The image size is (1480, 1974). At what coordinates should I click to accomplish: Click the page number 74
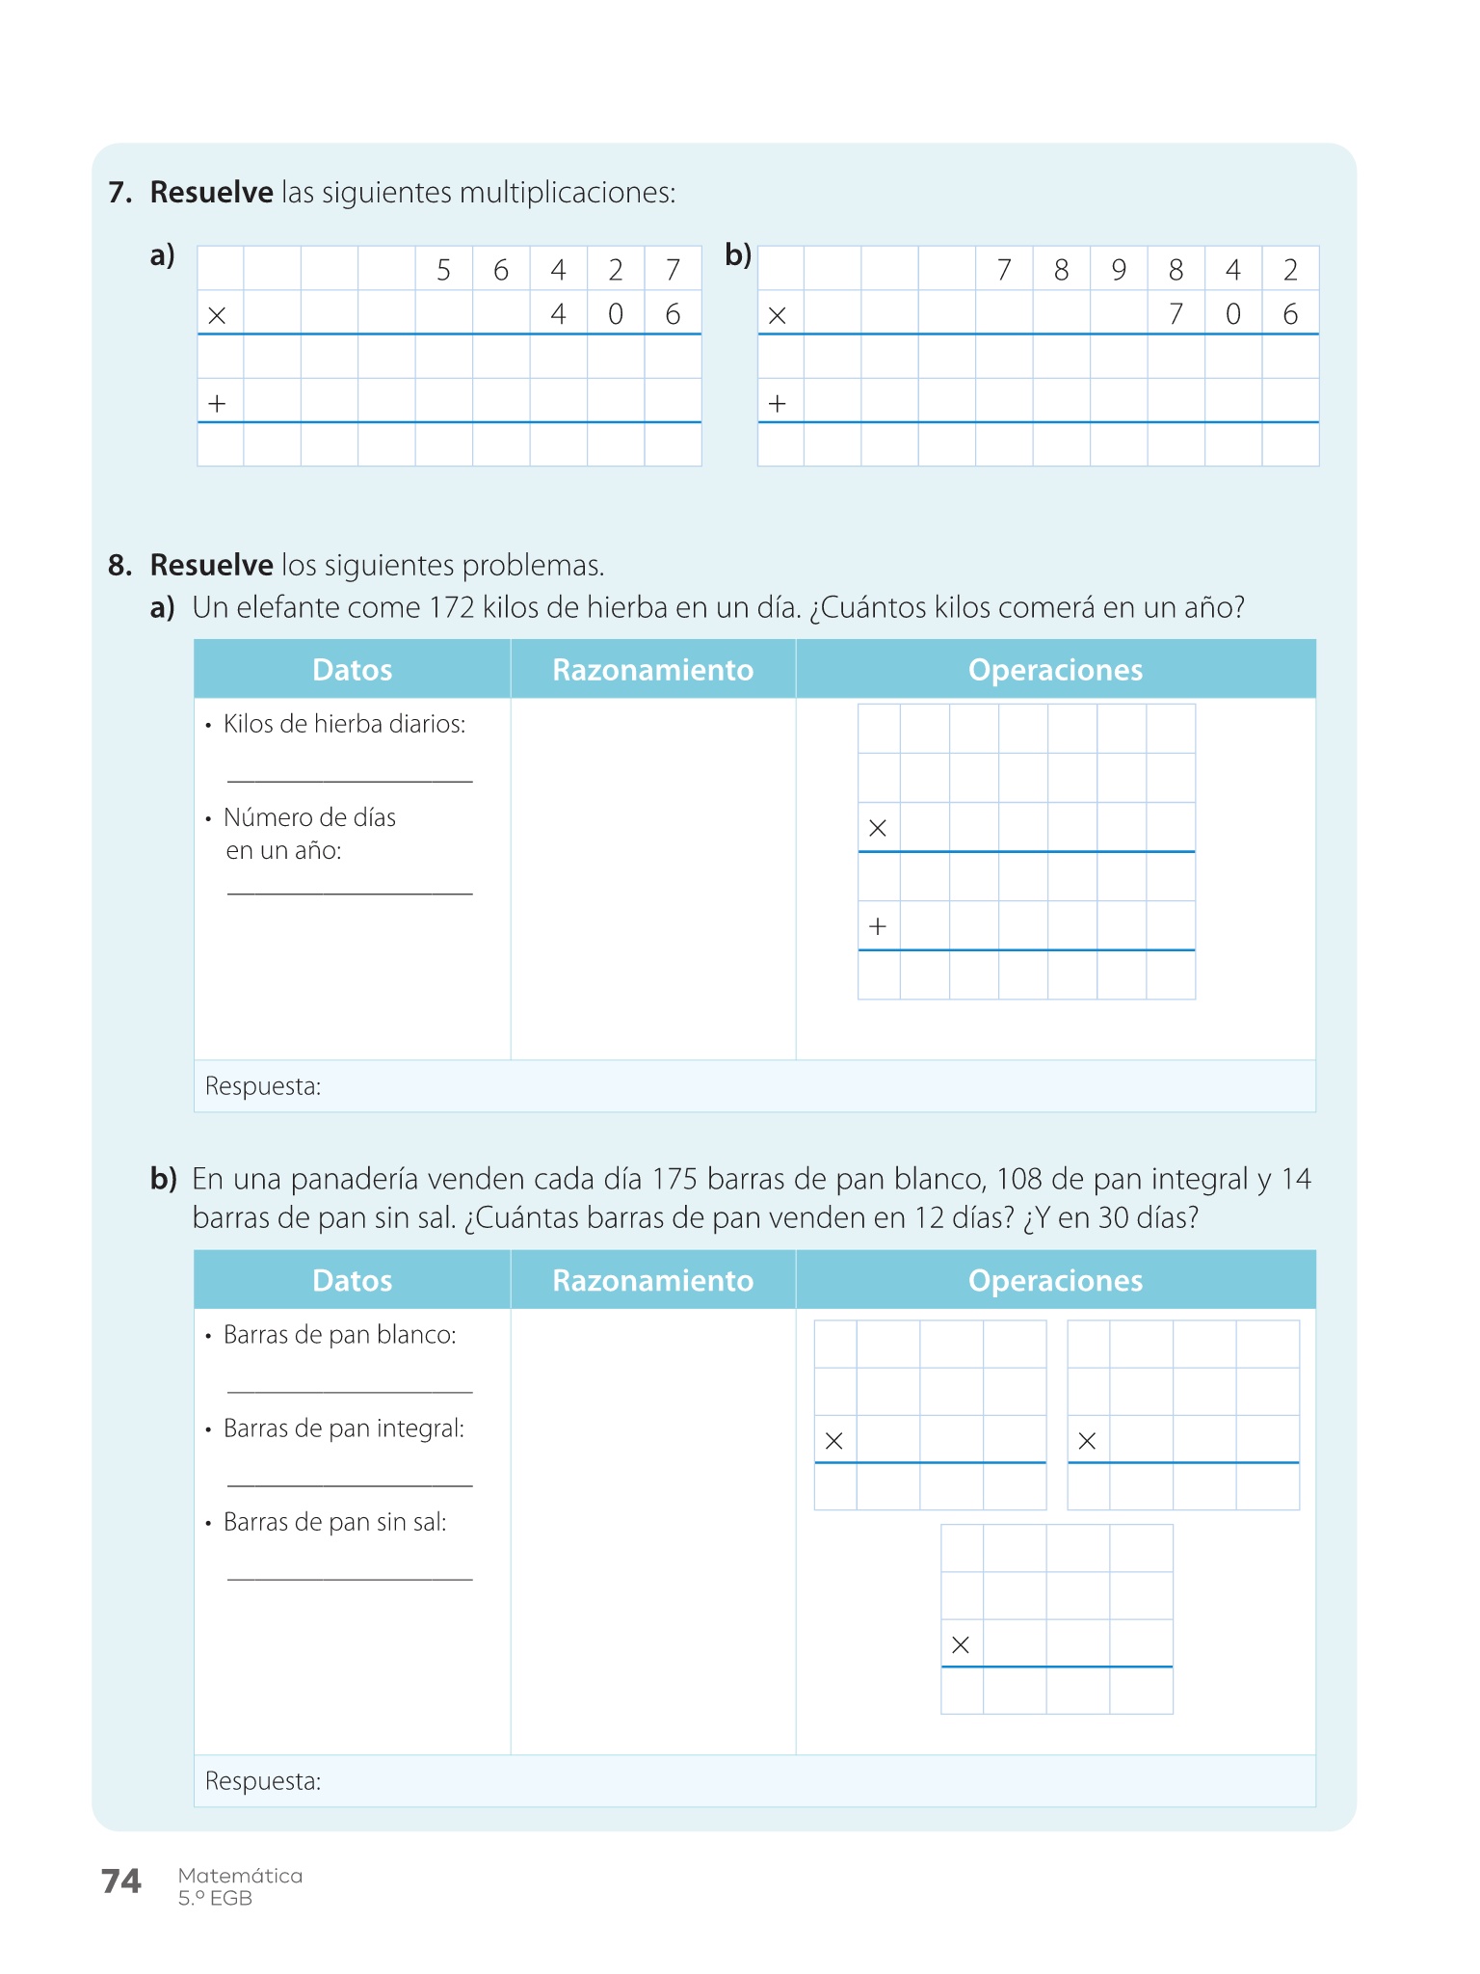pos(120,1881)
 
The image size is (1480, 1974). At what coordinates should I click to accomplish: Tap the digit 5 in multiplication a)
pos(443,270)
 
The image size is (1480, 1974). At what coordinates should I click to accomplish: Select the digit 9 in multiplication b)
pos(1118,270)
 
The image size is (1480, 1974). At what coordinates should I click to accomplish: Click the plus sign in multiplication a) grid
pos(217,404)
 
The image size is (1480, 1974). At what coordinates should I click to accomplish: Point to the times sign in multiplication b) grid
pos(778,315)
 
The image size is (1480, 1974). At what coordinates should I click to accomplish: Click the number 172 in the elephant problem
pos(452,608)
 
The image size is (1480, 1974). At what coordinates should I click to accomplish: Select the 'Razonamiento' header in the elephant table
pos(652,670)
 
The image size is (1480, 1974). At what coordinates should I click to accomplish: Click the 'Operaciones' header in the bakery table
pos(1055,1280)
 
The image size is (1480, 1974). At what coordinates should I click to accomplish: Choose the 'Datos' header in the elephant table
pos(352,670)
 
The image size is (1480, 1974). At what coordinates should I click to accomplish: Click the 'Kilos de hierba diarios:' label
pos(344,724)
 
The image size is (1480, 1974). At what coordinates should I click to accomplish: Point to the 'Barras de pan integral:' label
pos(343,1428)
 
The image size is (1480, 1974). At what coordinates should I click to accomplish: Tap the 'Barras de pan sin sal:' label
pos(334,1522)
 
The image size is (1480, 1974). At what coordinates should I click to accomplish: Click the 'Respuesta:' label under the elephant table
pos(263,1086)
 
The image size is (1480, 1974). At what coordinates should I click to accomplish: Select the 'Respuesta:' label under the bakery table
pos(263,1780)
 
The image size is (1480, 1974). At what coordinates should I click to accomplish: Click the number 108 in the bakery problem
pos(1018,1179)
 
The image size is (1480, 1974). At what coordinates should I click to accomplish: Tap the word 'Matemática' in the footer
pos(240,1876)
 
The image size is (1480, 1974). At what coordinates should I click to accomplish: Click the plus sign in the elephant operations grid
pos(878,927)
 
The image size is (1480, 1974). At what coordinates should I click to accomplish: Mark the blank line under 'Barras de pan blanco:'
pos(350,1391)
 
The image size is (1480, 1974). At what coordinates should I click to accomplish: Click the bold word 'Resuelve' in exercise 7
pos(211,193)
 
